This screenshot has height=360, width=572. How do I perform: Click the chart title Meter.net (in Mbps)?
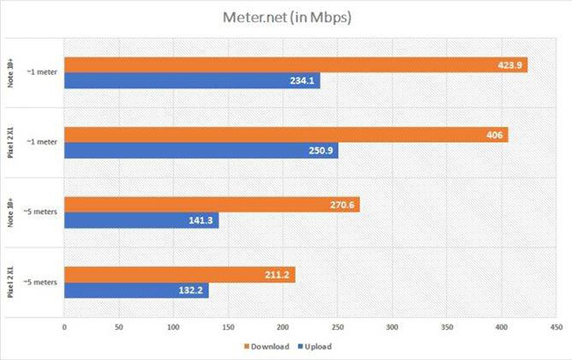tap(286, 18)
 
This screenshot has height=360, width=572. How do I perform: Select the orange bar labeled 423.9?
tap(295, 64)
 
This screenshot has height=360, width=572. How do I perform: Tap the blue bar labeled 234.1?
tap(191, 80)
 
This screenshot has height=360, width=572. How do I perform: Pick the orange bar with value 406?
tap(285, 135)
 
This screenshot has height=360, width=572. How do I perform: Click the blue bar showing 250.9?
tap(201, 151)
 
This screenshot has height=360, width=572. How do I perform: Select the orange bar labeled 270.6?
tap(211, 205)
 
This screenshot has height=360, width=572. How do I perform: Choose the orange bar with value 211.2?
tap(180, 276)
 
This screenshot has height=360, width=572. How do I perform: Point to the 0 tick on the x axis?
tap(64, 327)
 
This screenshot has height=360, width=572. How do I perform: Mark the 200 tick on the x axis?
tap(282, 327)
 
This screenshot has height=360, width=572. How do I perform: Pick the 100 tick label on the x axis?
tap(173, 327)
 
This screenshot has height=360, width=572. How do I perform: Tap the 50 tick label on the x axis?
tap(119, 327)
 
